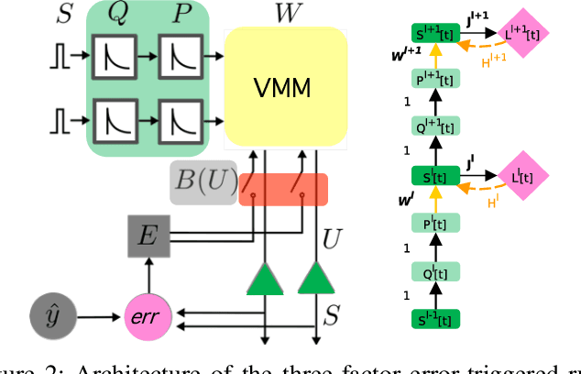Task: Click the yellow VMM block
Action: click(286, 89)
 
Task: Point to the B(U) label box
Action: click(202, 181)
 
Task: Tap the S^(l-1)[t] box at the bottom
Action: click(435, 319)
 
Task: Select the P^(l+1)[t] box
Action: click(435, 80)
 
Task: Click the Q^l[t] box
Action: click(435, 271)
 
